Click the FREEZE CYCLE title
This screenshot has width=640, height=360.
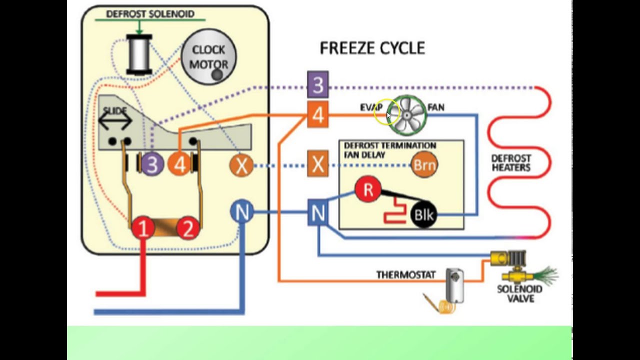(x=372, y=48)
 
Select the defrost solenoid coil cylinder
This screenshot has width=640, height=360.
(x=139, y=54)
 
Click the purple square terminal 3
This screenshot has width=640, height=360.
(x=317, y=84)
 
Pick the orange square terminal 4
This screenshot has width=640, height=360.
(x=317, y=114)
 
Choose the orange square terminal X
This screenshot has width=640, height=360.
(x=317, y=164)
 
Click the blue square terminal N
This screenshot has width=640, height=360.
(x=317, y=212)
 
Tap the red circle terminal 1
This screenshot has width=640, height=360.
(x=143, y=228)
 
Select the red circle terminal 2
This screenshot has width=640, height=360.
(x=188, y=228)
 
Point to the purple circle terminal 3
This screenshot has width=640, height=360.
(x=152, y=164)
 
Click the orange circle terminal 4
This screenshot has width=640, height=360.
(x=179, y=164)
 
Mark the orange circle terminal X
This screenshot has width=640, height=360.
(x=241, y=165)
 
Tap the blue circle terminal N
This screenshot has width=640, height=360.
(x=241, y=211)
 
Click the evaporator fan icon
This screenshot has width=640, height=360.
(x=407, y=115)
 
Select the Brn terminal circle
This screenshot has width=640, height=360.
(x=424, y=165)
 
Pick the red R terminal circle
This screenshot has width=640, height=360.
(x=368, y=189)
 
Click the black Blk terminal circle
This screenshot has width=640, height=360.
(x=423, y=214)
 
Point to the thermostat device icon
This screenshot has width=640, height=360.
(x=454, y=285)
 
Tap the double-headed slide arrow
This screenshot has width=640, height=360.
(x=115, y=120)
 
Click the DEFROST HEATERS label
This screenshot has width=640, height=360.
(x=511, y=163)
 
